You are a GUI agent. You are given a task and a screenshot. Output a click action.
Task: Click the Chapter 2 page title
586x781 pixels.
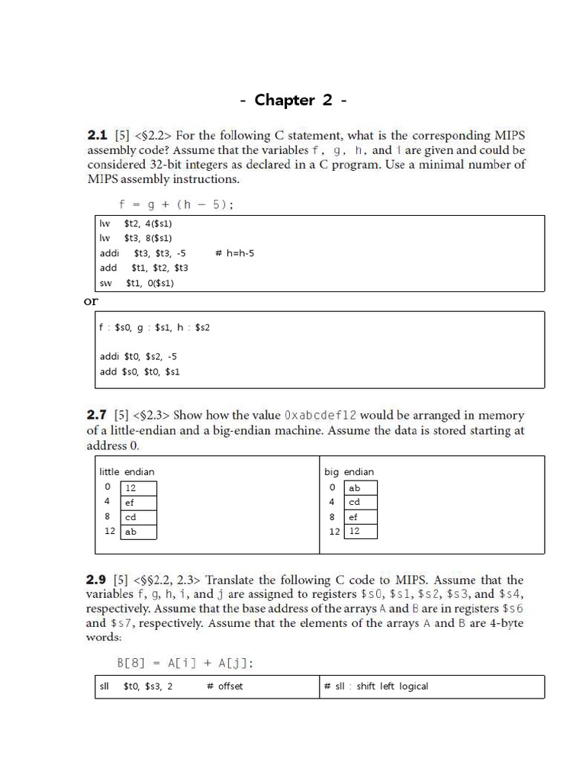[x=294, y=100]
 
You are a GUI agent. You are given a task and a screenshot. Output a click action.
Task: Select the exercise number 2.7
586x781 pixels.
[x=98, y=416]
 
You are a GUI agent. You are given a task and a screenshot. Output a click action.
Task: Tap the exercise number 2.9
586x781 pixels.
[x=98, y=580]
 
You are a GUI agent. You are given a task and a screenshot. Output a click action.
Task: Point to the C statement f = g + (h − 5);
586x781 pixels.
[x=175, y=204]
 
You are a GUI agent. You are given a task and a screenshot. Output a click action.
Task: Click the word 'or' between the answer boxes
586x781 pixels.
[x=91, y=301]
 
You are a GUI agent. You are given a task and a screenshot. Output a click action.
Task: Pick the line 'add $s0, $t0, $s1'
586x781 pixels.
[x=140, y=371]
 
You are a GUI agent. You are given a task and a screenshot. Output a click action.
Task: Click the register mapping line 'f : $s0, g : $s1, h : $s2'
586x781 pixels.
[x=154, y=327]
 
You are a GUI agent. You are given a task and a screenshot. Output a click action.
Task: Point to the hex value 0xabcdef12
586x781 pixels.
[x=320, y=416]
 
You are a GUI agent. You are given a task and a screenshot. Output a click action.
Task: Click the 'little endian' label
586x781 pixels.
[x=127, y=471]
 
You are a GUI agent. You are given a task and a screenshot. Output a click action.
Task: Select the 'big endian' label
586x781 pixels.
[x=349, y=471]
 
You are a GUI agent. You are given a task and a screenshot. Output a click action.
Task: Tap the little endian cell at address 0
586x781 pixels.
[x=140, y=487]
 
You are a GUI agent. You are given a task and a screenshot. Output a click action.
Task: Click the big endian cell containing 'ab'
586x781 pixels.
[x=360, y=487]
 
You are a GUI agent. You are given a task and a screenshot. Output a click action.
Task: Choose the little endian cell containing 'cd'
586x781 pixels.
[x=140, y=517]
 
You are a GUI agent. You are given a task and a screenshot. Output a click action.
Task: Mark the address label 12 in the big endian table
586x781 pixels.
[x=334, y=532]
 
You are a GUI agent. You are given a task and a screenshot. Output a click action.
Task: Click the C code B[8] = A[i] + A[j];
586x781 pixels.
[x=185, y=663]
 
